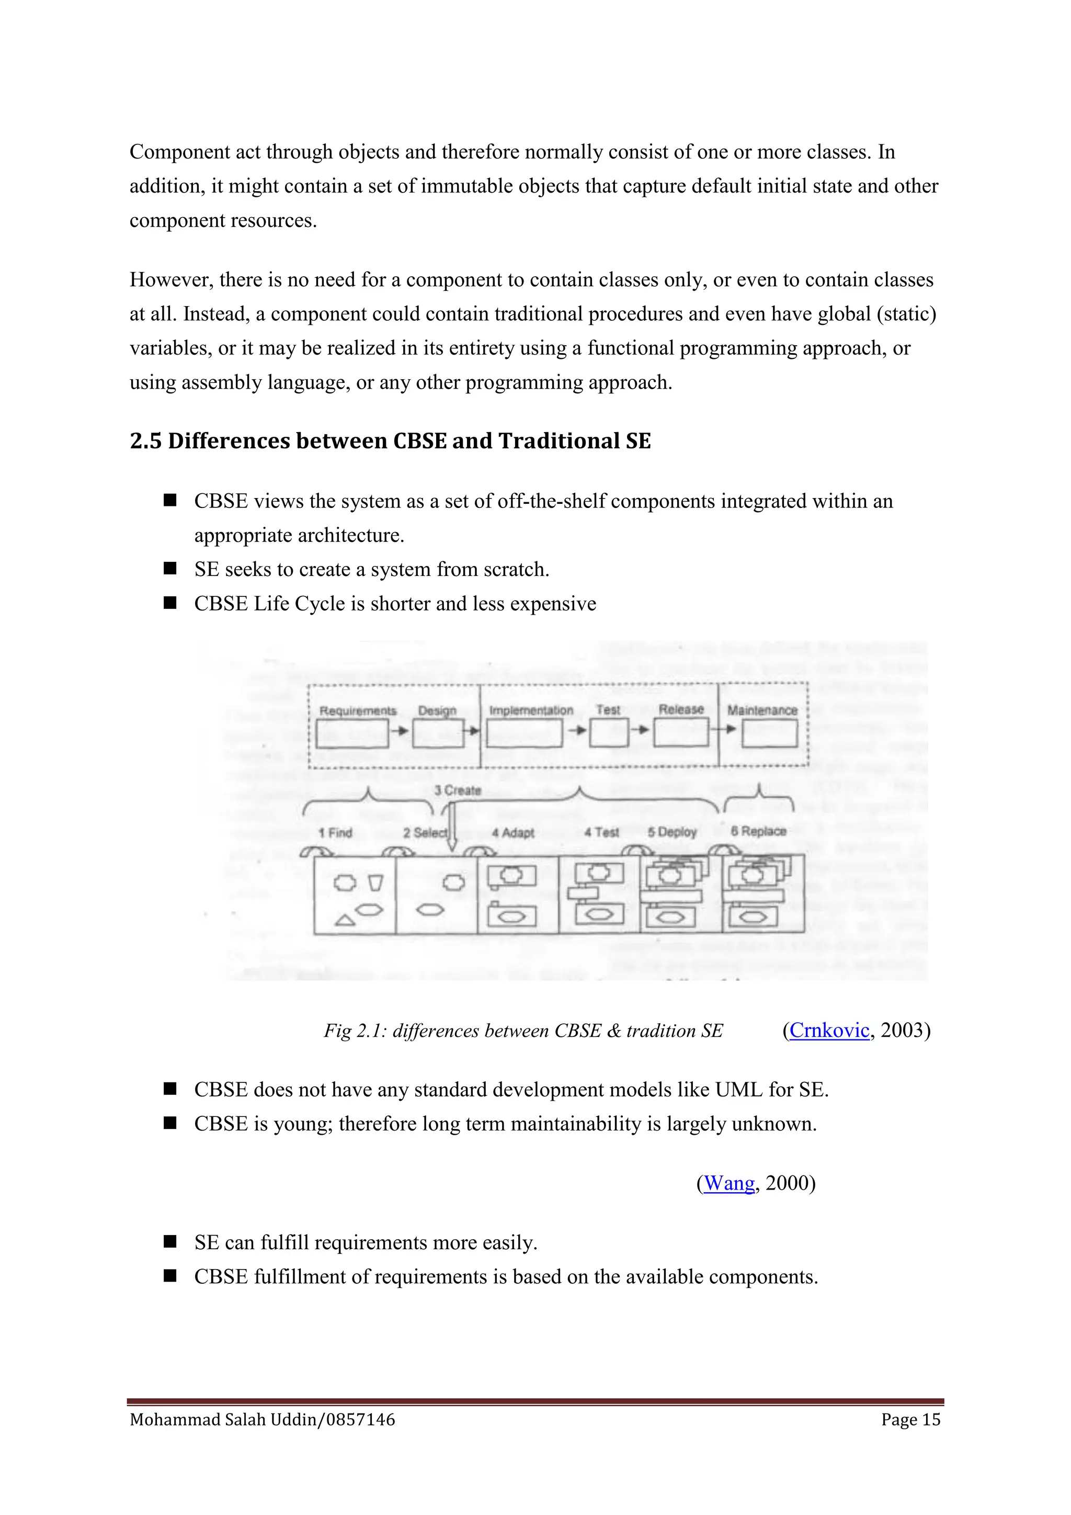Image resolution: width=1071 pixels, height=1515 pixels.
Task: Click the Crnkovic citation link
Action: click(829, 1030)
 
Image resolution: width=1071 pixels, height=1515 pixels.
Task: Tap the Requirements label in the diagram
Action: click(358, 710)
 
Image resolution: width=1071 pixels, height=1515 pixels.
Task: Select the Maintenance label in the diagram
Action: click(762, 710)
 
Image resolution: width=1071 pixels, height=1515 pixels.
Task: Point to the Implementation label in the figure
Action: click(531, 710)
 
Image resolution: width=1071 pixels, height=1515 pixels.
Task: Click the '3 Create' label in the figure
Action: click(458, 790)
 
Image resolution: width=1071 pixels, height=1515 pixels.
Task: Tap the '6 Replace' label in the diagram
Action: click(758, 831)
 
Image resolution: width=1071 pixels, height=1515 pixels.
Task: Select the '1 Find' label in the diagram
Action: click(335, 833)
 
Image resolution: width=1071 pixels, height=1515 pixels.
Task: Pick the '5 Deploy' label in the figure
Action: click(672, 832)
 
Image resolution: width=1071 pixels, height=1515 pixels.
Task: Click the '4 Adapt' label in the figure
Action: click(513, 833)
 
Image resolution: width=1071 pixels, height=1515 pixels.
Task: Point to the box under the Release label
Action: click(681, 732)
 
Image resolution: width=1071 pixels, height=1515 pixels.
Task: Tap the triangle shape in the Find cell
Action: click(345, 919)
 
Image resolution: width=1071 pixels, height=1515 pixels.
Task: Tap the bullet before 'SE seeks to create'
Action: click(170, 568)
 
